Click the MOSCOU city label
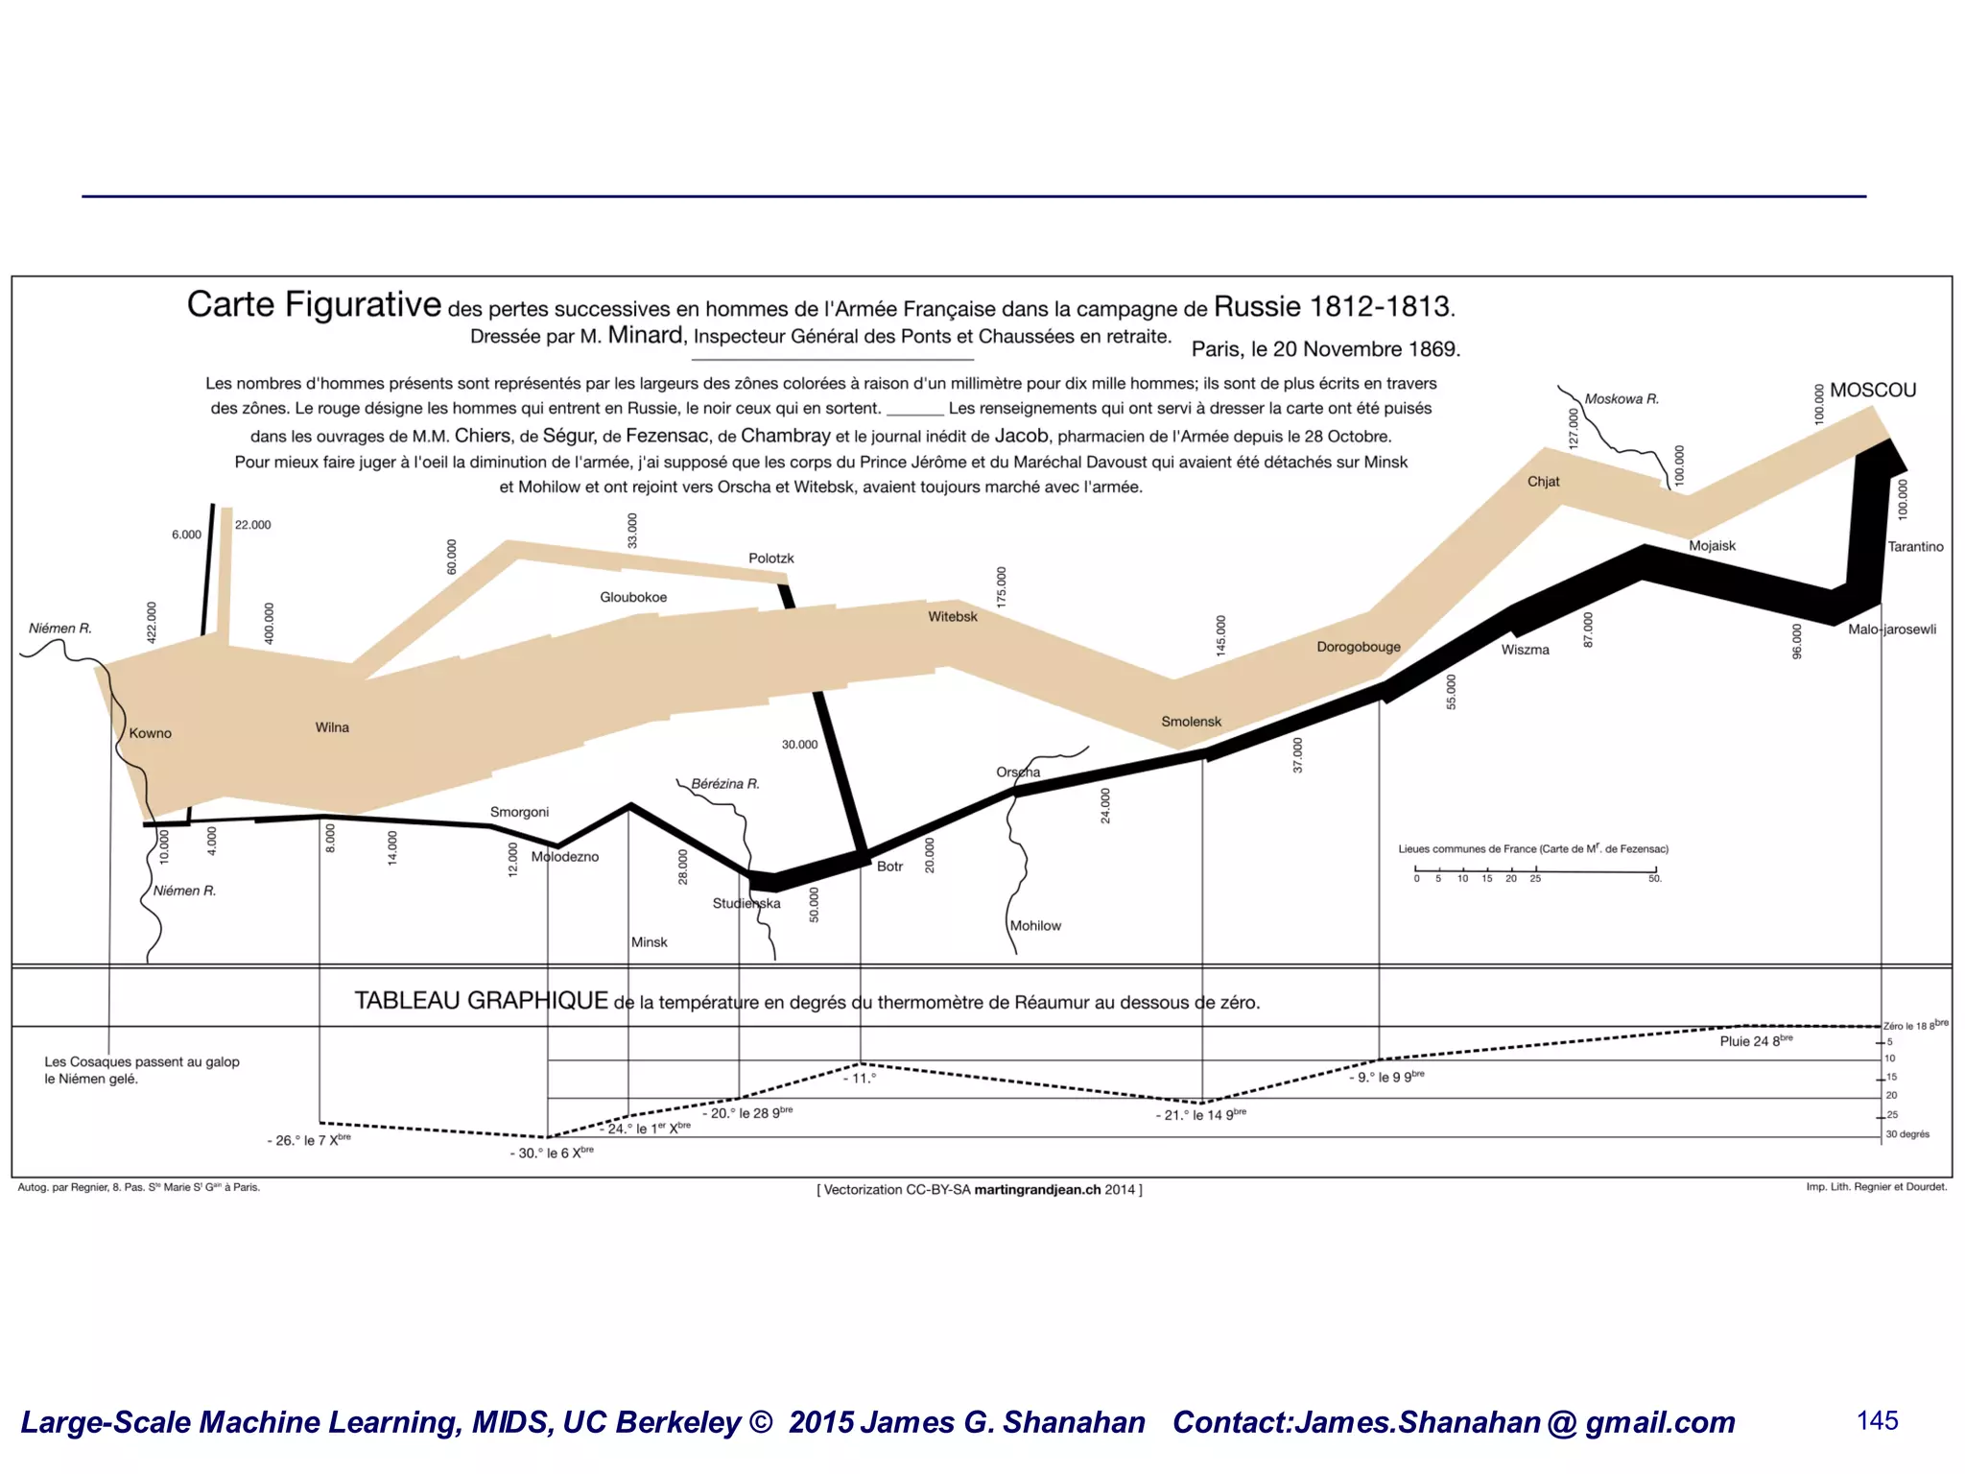pyautogui.click(x=1872, y=391)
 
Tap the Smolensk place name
pyautogui.click(x=1191, y=722)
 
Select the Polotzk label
pyautogui.click(x=770, y=559)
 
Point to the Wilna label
pyautogui.click(x=332, y=727)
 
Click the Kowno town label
pyautogui.click(x=150, y=733)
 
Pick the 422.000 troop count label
pyautogui.click(x=151, y=623)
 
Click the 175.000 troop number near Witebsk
pyautogui.click(x=1001, y=586)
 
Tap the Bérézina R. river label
pyautogui.click(x=724, y=784)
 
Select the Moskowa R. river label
pyautogui.click(x=1621, y=399)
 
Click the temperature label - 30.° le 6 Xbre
pyautogui.click(x=552, y=1153)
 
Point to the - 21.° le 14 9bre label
pyautogui.click(x=1200, y=1115)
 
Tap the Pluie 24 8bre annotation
pyautogui.click(x=1755, y=1041)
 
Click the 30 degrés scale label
pyautogui.click(x=1906, y=1134)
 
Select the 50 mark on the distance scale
pyautogui.click(x=1654, y=879)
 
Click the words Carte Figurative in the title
pyautogui.click(x=314, y=305)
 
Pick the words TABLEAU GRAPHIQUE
pyautogui.click(x=481, y=1001)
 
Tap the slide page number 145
pyautogui.click(x=1877, y=1421)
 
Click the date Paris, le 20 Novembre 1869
pyautogui.click(x=1325, y=349)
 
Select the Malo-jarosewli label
pyautogui.click(x=1891, y=630)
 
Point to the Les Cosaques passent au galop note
pyautogui.click(x=141, y=1062)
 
